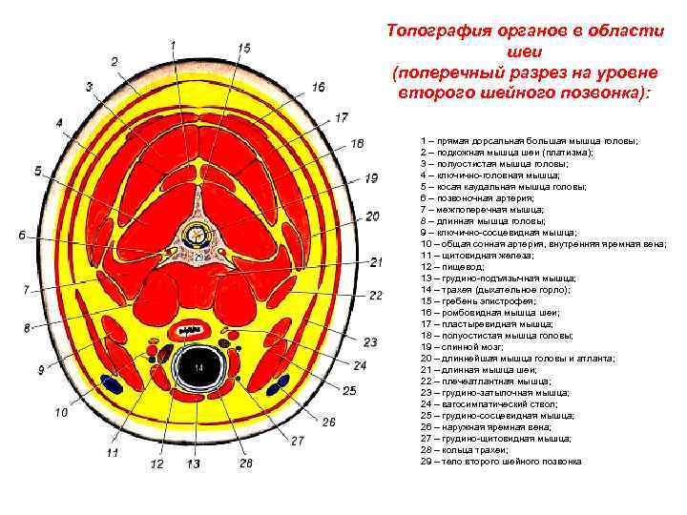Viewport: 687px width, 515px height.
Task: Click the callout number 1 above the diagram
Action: click(x=173, y=45)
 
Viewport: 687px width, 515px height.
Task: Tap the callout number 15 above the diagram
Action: click(x=244, y=48)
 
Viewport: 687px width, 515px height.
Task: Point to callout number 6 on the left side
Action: click(x=21, y=235)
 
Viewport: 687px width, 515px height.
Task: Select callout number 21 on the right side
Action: click(x=376, y=261)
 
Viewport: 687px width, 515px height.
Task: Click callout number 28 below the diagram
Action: click(x=246, y=463)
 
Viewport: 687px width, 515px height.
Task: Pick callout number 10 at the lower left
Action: click(x=61, y=413)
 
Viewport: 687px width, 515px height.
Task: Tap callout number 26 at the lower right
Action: click(x=328, y=422)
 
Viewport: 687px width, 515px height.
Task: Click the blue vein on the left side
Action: click(x=113, y=385)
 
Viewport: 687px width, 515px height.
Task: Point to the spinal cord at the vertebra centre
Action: click(x=198, y=232)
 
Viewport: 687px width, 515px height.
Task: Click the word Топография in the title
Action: click(x=439, y=30)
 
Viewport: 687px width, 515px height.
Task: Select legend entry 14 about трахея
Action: click(x=490, y=289)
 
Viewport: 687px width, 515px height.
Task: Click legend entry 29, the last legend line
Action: click(x=500, y=462)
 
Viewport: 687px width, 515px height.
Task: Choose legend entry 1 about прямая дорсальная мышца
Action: click(x=529, y=140)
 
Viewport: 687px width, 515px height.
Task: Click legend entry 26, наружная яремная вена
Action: click(x=489, y=427)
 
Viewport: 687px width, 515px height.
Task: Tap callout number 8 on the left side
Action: click(x=28, y=327)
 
